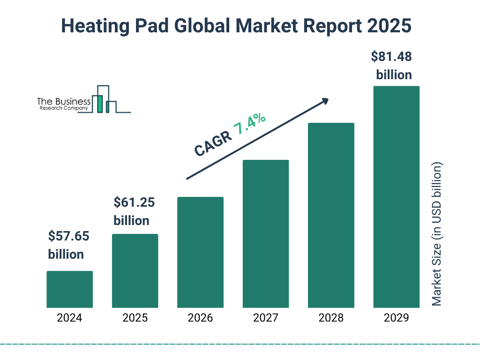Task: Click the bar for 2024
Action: pyautogui.click(x=69, y=289)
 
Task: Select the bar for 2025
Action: pyautogui.click(x=135, y=270)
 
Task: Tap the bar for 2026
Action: pyautogui.click(x=200, y=252)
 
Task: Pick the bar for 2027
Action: pyautogui.click(x=265, y=233)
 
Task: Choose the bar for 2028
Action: pyautogui.click(x=331, y=215)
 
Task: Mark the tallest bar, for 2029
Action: pyautogui.click(x=396, y=197)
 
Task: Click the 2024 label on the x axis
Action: pyautogui.click(x=69, y=318)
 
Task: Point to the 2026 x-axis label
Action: pyautogui.click(x=200, y=318)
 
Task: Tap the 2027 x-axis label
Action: pyautogui.click(x=265, y=318)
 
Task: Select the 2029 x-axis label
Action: pyautogui.click(x=396, y=318)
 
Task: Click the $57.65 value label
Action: pyautogui.click(x=68, y=236)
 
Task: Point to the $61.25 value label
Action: pyautogui.click(x=134, y=202)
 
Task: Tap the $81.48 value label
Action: pyautogui.click(x=391, y=57)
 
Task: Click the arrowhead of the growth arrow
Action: pyautogui.click(x=324, y=101)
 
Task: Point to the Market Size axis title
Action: pyautogui.click(x=437, y=234)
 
